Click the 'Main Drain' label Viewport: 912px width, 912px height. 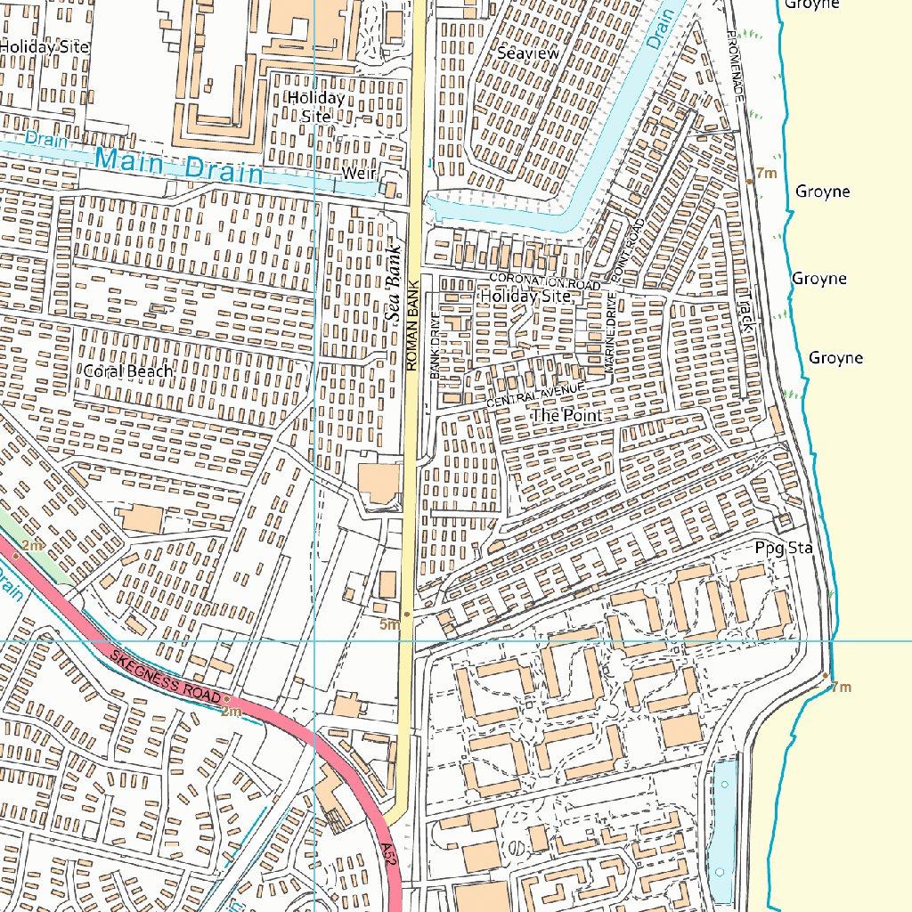point(180,166)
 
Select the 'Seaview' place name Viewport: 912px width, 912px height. point(528,53)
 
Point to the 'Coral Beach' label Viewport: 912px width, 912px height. point(127,370)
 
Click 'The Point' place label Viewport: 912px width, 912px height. point(566,416)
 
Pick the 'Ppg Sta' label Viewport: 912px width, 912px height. point(784,548)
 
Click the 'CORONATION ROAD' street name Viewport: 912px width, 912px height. point(534,280)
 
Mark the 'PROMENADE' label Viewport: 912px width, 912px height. point(736,62)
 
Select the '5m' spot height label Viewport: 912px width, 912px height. point(389,625)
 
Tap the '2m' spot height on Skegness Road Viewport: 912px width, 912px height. point(231,712)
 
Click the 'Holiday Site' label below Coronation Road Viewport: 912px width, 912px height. point(525,296)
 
